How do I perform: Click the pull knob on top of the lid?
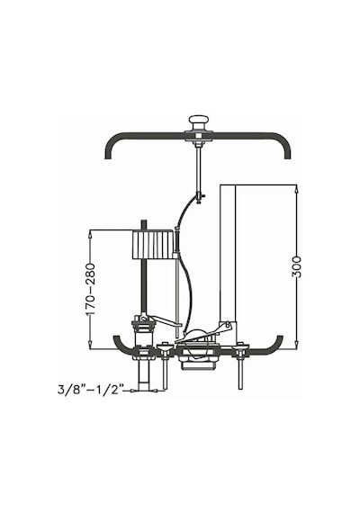[199, 122]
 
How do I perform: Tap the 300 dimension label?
[296, 266]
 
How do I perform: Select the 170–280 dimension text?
[90, 289]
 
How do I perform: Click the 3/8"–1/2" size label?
[91, 390]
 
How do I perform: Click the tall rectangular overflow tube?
[228, 254]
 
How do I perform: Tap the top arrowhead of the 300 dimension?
[296, 188]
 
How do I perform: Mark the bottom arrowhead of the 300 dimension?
[296, 346]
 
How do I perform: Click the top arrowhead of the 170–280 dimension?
[90, 234]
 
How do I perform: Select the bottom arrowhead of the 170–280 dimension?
[90, 346]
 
